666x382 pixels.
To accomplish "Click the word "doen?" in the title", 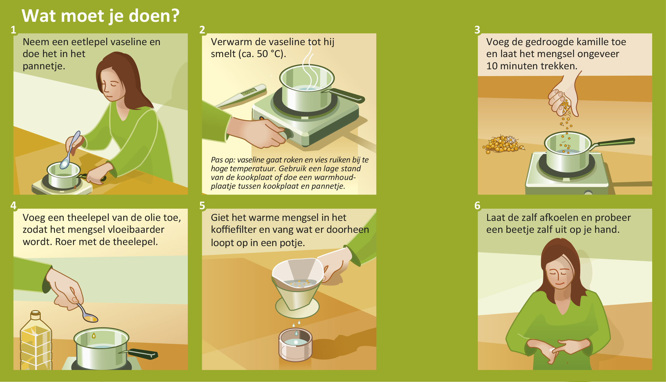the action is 154,16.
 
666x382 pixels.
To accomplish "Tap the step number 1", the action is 13,30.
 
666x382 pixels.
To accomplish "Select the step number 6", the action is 477,205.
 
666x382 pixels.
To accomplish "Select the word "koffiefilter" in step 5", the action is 233,230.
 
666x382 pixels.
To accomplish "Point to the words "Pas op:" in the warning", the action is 223,160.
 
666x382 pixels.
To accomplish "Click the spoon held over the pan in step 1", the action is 70,150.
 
